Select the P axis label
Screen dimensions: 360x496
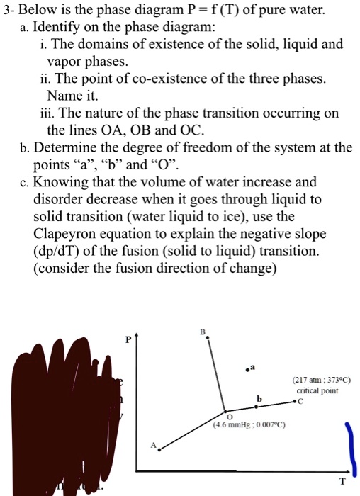pyautogui.click(x=128, y=339)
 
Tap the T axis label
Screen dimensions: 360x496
pyautogui.click(x=342, y=481)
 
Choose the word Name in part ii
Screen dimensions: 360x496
pyautogui.click(x=62, y=96)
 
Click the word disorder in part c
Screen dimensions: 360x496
pyautogui.click(x=57, y=200)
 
